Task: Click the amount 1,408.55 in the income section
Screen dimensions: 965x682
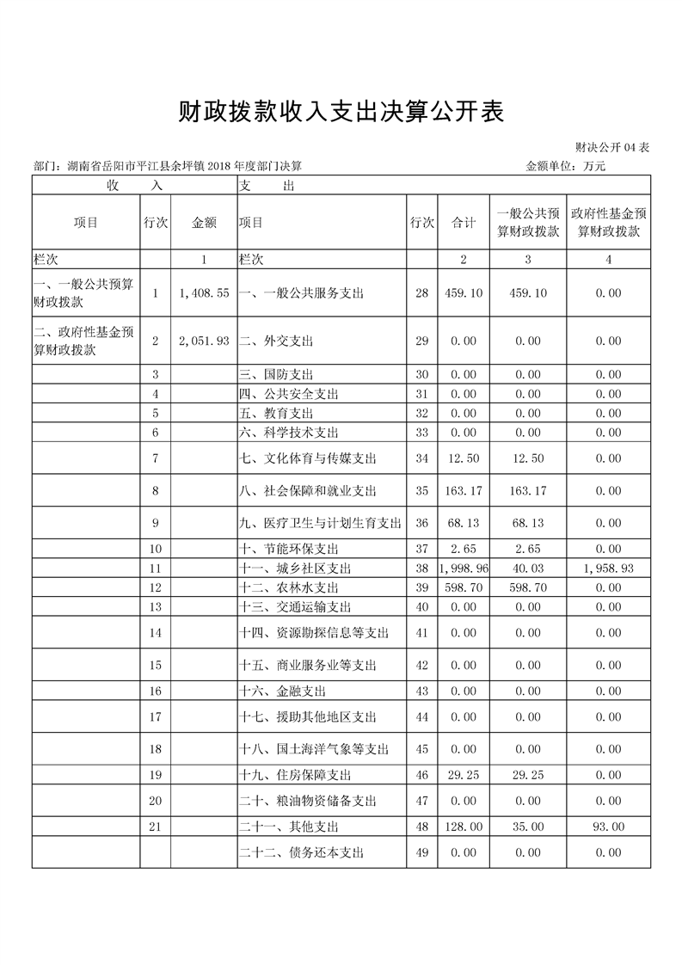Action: [204, 293]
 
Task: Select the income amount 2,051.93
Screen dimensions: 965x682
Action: [204, 341]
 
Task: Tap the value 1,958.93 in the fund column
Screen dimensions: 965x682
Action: [608, 569]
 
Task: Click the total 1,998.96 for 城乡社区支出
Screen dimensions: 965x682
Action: [464, 569]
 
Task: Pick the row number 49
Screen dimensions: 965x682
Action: [421, 852]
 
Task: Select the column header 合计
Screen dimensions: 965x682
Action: [464, 222]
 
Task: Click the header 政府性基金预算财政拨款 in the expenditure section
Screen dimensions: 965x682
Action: [608, 222]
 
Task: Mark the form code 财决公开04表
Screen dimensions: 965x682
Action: [611, 148]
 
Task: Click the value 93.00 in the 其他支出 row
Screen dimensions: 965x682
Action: [608, 827]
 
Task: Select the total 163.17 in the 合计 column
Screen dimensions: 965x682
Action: [464, 491]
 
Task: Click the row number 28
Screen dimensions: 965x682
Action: [421, 293]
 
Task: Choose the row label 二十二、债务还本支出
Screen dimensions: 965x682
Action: [301, 852]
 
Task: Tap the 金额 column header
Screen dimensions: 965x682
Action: [204, 222]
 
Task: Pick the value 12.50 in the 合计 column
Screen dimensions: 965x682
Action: [464, 458]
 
